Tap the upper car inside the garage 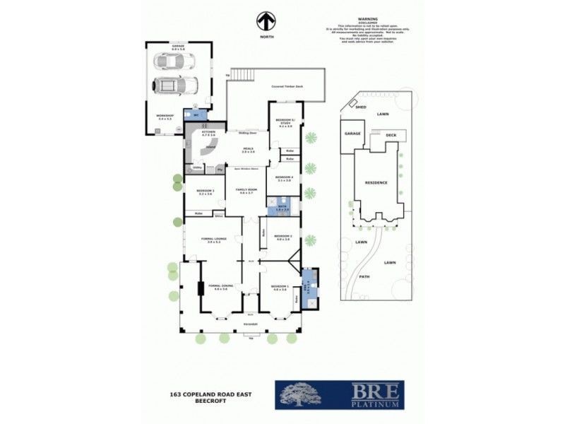pyautogui.click(x=167, y=63)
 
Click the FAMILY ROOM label pyautogui.click(x=248, y=191)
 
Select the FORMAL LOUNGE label pyautogui.click(x=213, y=240)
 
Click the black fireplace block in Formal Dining pyautogui.click(x=201, y=288)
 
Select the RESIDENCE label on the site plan pyautogui.click(x=376, y=182)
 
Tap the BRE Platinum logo pyautogui.click(x=340, y=395)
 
